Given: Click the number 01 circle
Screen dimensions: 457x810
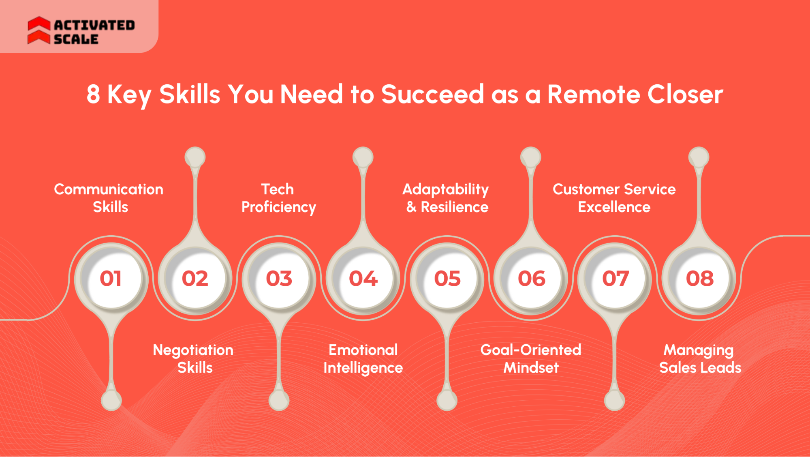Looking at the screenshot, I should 111,279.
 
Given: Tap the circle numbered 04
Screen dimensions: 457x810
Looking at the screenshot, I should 363,279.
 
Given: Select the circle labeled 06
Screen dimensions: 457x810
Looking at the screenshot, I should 531,279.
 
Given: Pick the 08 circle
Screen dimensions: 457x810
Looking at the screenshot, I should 699,279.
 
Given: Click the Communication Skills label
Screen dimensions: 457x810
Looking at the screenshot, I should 109,198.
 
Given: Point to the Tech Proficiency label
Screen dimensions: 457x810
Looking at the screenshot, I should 278,198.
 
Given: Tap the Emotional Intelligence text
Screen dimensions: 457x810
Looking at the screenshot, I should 363,358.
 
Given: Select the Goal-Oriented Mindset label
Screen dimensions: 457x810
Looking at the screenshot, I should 531,358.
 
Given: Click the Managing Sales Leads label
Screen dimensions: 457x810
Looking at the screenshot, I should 700,358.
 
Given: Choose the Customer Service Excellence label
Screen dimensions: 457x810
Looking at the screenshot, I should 614,198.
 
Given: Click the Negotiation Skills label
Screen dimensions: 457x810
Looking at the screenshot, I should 193,358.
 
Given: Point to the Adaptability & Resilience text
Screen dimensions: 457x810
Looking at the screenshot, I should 446,198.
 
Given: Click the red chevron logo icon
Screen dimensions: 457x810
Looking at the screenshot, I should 39,30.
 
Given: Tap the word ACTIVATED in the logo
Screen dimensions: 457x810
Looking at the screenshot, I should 94,25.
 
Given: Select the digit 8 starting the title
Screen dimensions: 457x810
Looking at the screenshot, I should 93,94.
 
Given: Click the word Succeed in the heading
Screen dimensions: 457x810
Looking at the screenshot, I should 432,94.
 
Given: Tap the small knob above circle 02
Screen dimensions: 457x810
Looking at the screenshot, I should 195,157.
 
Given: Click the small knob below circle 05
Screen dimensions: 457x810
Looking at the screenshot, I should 447,401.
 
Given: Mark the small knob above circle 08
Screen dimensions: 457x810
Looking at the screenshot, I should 699,157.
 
